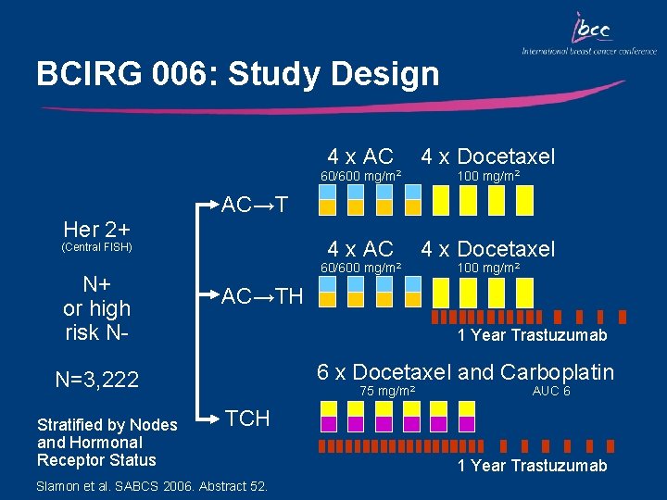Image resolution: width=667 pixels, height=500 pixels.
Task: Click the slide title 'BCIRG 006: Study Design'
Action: click(237, 74)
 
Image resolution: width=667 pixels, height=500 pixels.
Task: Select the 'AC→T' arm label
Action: click(255, 205)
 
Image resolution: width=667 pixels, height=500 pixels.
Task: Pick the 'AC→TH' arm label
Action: click(262, 296)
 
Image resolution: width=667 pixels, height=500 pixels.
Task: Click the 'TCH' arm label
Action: click(248, 419)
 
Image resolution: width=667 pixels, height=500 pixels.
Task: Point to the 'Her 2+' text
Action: click(96, 228)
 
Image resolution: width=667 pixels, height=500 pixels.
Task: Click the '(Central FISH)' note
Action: click(96, 247)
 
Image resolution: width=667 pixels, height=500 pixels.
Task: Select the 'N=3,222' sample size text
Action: click(96, 380)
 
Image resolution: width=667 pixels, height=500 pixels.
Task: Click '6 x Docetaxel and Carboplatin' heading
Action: click(465, 372)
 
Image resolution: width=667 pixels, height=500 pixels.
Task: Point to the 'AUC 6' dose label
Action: click(550, 392)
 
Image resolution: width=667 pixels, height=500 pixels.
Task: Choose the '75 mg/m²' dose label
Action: click(386, 392)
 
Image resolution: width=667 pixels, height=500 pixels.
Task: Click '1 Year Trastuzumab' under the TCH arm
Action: click(532, 466)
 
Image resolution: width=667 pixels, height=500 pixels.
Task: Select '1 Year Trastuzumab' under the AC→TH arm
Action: click(532, 335)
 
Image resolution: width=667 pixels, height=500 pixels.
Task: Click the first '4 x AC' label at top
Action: click(360, 156)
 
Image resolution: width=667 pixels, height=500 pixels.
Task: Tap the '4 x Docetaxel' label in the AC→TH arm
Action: click(488, 248)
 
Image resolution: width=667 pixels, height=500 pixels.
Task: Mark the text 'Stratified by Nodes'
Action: click(107, 425)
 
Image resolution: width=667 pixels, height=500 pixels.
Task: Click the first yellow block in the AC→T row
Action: click(327, 206)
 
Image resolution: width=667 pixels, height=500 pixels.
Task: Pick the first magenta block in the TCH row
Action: click(327, 423)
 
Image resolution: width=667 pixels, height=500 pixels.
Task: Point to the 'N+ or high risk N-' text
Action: click(96, 308)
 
